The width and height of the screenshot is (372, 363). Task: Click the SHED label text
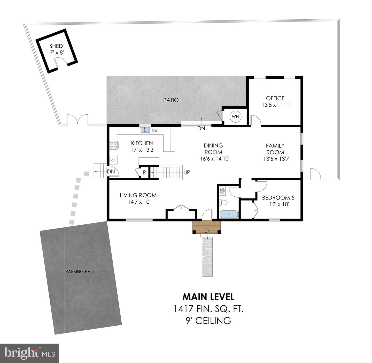pos(56,46)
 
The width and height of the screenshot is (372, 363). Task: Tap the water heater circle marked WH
pos(235,117)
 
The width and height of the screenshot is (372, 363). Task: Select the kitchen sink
pos(145,131)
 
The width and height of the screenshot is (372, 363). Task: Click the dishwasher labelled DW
pos(154,131)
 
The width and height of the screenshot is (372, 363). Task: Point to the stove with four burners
pos(113,145)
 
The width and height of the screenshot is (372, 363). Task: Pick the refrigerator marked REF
pos(113,160)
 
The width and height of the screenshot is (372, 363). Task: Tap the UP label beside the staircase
pos(187,172)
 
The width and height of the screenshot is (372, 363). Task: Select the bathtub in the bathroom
pos(229,214)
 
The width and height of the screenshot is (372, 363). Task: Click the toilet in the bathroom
pos(223,202)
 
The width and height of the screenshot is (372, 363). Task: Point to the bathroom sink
pos(222,191)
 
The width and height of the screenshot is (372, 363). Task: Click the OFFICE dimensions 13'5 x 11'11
pos(275,105)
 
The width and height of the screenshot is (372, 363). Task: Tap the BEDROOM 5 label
pos(278,198)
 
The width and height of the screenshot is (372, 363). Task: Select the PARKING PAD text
pos(79,271)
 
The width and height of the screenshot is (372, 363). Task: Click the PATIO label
pos(171,100)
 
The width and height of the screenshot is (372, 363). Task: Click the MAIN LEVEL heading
pos(208,297)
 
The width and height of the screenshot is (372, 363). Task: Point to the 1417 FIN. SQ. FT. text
pos(208,309)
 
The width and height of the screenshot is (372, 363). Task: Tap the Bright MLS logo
pos(30,353)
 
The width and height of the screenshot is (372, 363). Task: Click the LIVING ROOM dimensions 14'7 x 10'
pos(139,202)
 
